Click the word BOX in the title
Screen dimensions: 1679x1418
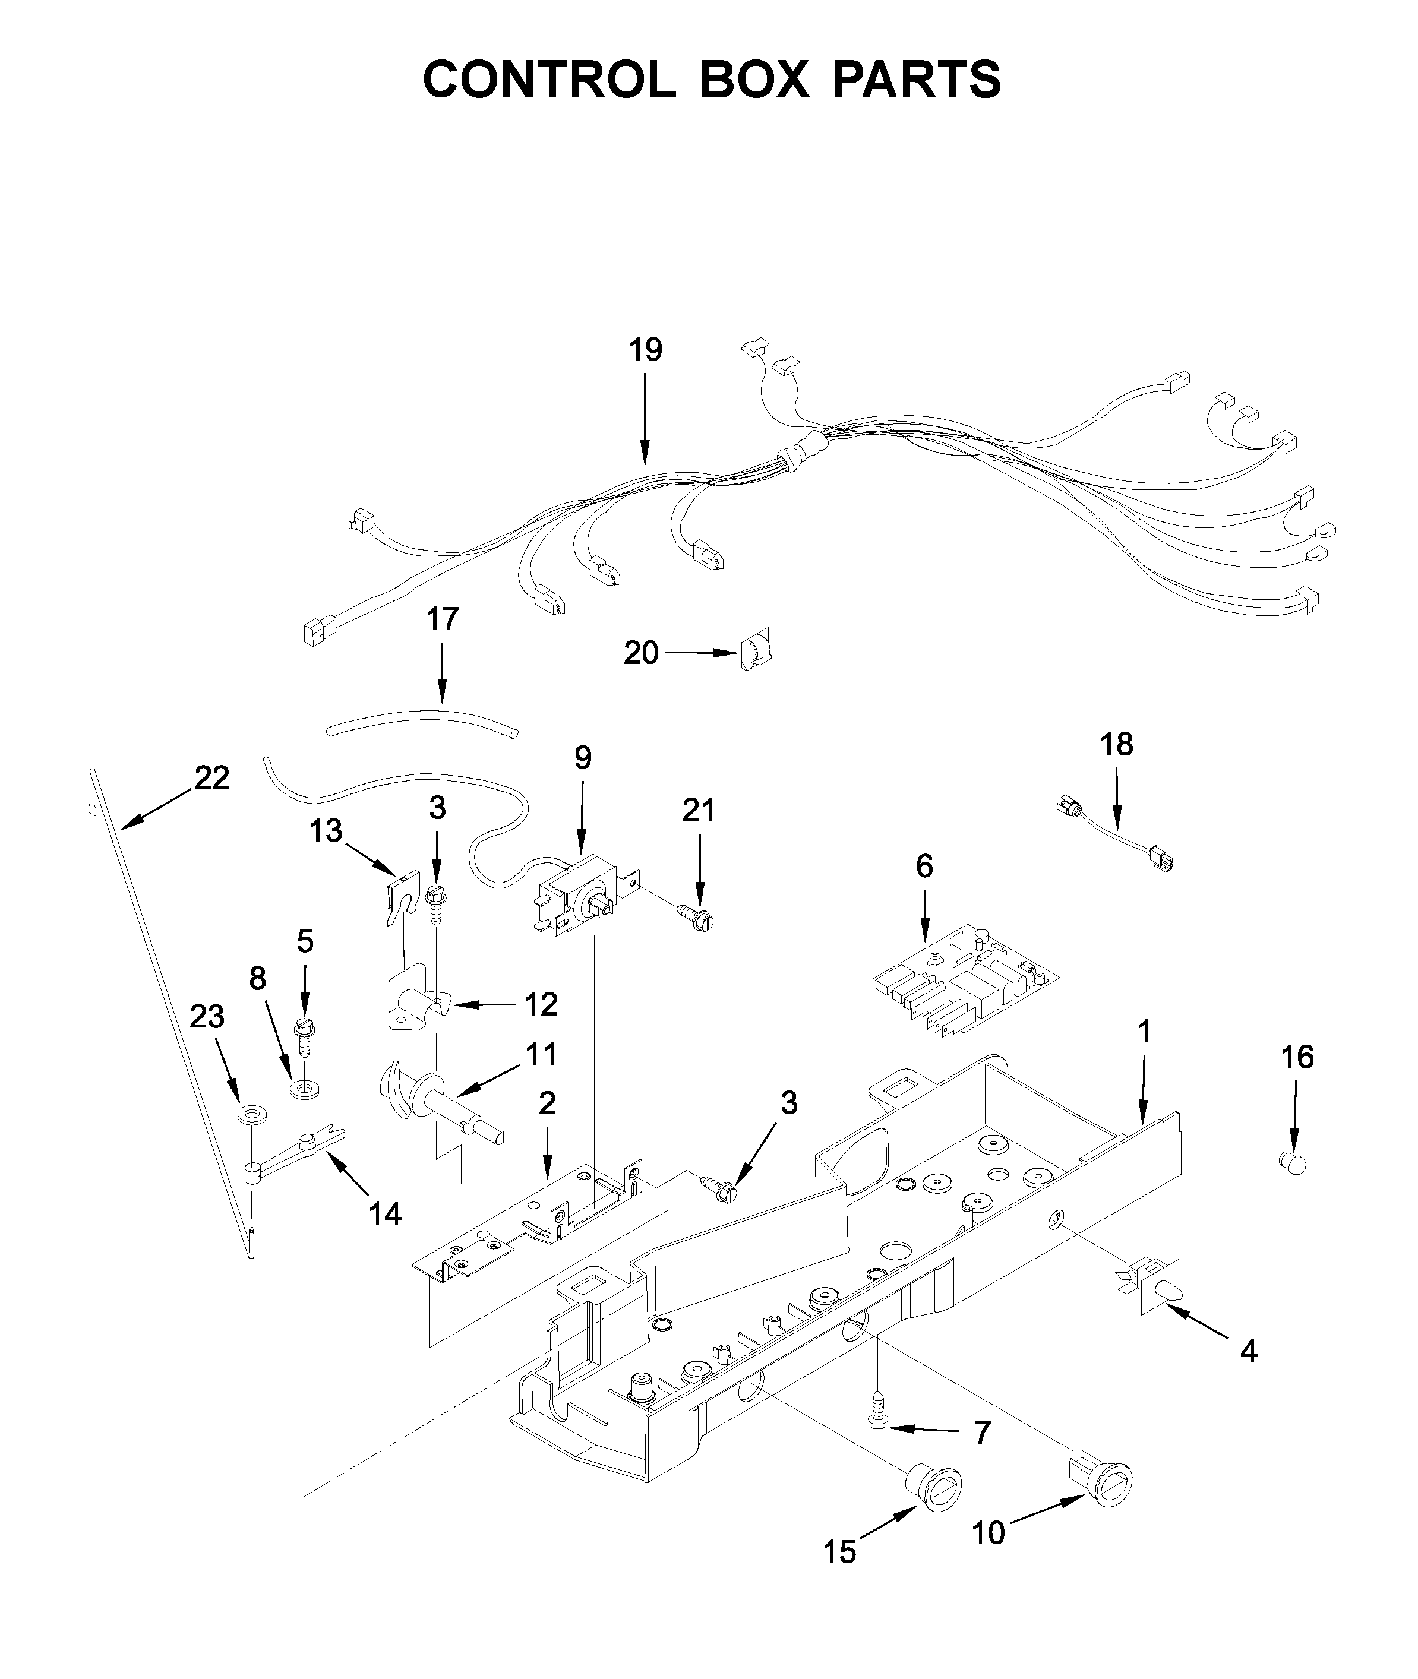tap(754, 80)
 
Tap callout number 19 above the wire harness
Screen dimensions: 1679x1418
tap(646, 350)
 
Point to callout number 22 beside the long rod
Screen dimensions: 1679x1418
tap(211, 777)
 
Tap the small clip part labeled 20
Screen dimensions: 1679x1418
tap(756, 649)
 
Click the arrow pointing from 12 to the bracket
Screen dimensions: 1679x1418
tap(482, 1005)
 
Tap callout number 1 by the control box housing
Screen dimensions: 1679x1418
tap(1145, 1032)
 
